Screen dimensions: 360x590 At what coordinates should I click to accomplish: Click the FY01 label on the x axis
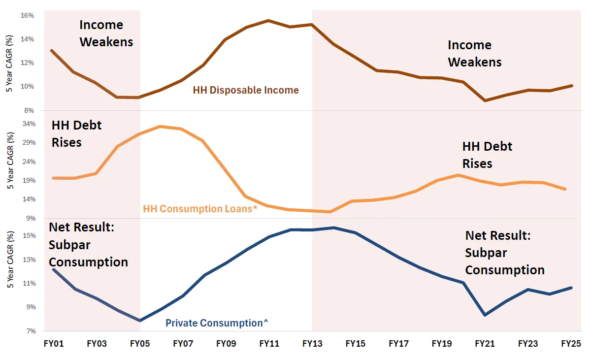pos(54,343)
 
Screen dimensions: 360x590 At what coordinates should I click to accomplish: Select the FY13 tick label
pos(312,343)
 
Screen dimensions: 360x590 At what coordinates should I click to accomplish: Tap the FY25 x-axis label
pos(571,343)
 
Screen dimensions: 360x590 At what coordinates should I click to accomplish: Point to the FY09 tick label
pos(226,343)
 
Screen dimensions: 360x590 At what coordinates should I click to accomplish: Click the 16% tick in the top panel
pos(27,15)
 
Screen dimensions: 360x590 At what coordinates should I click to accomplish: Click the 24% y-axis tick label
pos(27,161)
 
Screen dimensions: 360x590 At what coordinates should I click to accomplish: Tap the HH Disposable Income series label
pos(246,90)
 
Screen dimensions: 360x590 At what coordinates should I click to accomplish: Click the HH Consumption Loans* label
pos(200,209)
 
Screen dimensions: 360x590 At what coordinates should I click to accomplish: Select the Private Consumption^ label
pos(217,323)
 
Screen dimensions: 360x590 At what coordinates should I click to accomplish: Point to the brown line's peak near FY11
pos(268,21)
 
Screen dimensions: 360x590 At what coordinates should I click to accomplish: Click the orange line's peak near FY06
pos(161,127)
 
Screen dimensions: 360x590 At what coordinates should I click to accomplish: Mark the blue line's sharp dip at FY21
pos(485,315)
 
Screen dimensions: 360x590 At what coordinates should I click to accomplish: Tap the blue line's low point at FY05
pos(140,321)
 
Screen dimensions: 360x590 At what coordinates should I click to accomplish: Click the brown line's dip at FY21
pos(485,100)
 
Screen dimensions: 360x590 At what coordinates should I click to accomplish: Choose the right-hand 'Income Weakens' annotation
pos(474,54)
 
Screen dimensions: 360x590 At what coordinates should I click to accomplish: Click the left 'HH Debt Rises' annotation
pos(76,133)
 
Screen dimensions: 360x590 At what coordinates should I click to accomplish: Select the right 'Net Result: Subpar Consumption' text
pos(505,253)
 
